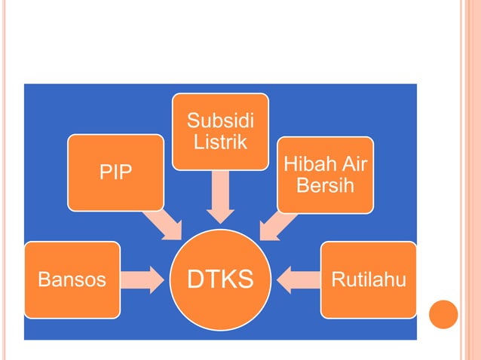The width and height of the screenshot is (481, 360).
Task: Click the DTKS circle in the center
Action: (219, 280)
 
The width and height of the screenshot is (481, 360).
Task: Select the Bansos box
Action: (72, 279)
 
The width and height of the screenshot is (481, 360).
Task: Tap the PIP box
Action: (115, 172)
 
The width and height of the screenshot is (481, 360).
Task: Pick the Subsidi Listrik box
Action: (220, 131)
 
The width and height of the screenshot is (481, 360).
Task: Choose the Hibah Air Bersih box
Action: (325, 174)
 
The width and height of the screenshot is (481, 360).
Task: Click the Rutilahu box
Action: (369, 279)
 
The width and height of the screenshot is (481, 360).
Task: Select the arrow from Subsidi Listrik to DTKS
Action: (220, 197)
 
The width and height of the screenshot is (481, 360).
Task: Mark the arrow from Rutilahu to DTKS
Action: (297, 279)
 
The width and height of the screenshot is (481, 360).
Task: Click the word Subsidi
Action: (220, 121)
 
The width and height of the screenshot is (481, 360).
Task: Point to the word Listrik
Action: (220, 142)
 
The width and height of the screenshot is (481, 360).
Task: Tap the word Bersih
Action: (325, 185)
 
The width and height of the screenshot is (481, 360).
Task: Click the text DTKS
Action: (219, 280)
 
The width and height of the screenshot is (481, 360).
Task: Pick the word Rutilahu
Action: (369, 280)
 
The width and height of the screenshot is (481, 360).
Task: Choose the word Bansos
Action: (72, 280)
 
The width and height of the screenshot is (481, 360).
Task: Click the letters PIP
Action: (115, 173)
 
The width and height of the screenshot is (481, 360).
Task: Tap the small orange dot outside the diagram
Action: (443, 314)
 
